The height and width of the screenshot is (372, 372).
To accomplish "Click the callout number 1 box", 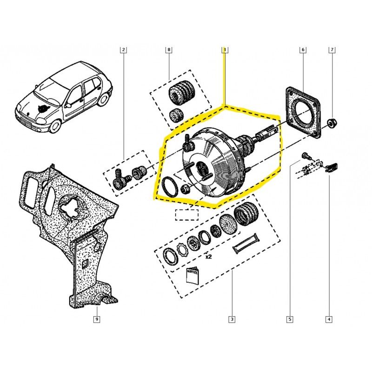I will pos(225,49).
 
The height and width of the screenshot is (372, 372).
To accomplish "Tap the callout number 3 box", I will pos(231,319).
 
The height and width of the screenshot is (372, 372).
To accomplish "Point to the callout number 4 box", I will pos(329,319).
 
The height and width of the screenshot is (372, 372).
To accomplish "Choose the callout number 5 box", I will pos(289,319).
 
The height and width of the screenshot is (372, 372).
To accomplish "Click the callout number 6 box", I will pos(303,49).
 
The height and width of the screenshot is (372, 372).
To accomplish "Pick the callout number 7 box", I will pos(332,49).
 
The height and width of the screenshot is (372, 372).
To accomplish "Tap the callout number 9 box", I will pos(97,319).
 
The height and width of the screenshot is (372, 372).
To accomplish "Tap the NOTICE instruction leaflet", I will pos(192,275).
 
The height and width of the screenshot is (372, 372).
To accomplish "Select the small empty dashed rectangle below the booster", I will pos(186,215).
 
